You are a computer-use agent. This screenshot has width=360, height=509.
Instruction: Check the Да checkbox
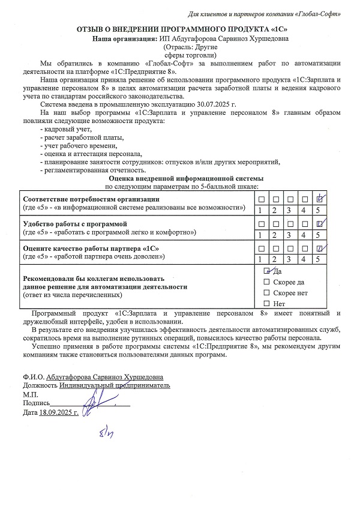click(267, 271)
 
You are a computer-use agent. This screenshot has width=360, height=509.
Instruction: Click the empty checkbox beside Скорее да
click(267, 282)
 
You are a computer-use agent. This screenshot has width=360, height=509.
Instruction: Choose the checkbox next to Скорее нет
click(267, 293)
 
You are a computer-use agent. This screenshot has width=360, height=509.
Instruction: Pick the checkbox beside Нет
click(267, 304)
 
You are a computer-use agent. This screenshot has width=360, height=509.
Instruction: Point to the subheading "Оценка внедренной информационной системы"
click(185, 179)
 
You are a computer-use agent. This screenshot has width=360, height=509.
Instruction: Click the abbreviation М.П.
click(29, 394)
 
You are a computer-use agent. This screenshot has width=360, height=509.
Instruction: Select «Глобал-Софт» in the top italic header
click(324, 13)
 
